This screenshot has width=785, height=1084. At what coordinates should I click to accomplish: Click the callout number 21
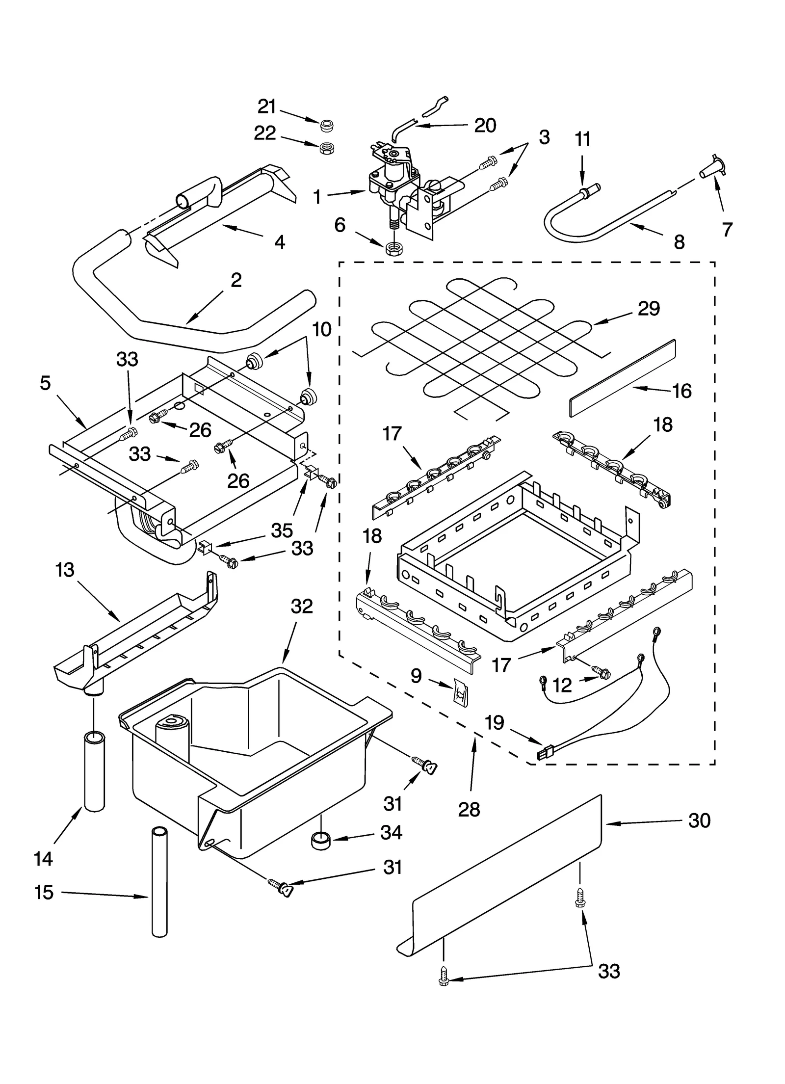[267, 106]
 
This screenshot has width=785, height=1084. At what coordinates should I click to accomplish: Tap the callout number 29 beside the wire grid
[648, 309]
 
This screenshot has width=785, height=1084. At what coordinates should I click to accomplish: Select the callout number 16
[681, 391]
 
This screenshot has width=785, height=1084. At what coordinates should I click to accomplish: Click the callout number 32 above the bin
[301, 607]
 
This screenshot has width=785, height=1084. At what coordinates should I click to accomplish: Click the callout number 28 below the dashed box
[469, 809]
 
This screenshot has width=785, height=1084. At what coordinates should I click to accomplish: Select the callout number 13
[65, 570]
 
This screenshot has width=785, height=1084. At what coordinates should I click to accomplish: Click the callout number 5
[45, 383]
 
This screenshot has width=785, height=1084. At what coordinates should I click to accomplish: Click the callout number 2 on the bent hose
[236, 280]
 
